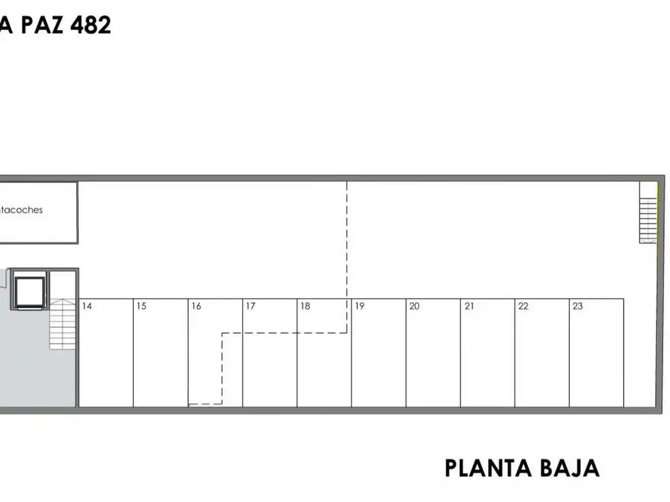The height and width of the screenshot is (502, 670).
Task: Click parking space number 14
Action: coord(87,306)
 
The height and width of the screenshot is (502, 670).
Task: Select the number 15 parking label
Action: coord(141,306)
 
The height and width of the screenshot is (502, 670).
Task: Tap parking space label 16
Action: coord(196,306)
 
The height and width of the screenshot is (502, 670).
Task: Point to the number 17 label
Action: coord(250,306)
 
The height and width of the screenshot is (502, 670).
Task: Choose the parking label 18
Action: coord(305,306)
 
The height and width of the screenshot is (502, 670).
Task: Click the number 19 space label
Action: coord(359,306)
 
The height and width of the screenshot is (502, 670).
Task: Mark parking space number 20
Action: coord(414,306)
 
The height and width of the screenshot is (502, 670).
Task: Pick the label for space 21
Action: coord(469,306)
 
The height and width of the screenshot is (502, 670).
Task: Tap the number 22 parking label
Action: coord(523,306)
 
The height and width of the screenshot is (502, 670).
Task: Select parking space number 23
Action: coord(578,306)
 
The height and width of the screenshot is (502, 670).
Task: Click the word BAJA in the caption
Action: coord(570,468)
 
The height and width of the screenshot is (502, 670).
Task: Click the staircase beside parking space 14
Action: coord(63,324)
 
